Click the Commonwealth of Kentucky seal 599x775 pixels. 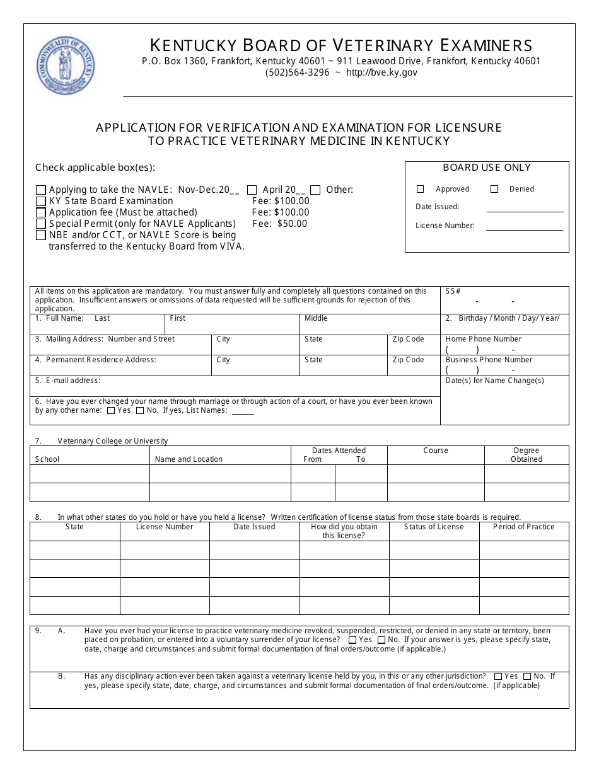point(66,65)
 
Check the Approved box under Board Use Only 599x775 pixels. point(421,189)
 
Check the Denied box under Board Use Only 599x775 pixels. point(494,189)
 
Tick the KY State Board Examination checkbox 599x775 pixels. point(41,201)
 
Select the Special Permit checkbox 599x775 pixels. point(41,224)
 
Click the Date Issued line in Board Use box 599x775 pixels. point(525,208)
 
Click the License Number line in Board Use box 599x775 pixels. point(525,227)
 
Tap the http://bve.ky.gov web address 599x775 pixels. point(381,72)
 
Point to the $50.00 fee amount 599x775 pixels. point(292,224)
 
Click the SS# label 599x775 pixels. point(453,291)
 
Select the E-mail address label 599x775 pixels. point(67,381)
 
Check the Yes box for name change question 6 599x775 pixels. point(111,411)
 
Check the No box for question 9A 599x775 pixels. point(381,640)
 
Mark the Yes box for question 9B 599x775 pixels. point(499,677)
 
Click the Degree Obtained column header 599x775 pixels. point(526,455)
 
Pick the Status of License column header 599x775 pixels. point(433,527)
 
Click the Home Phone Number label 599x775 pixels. point(483,339)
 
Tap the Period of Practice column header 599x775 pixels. point(523,527)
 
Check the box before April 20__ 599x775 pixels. point(252,190)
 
